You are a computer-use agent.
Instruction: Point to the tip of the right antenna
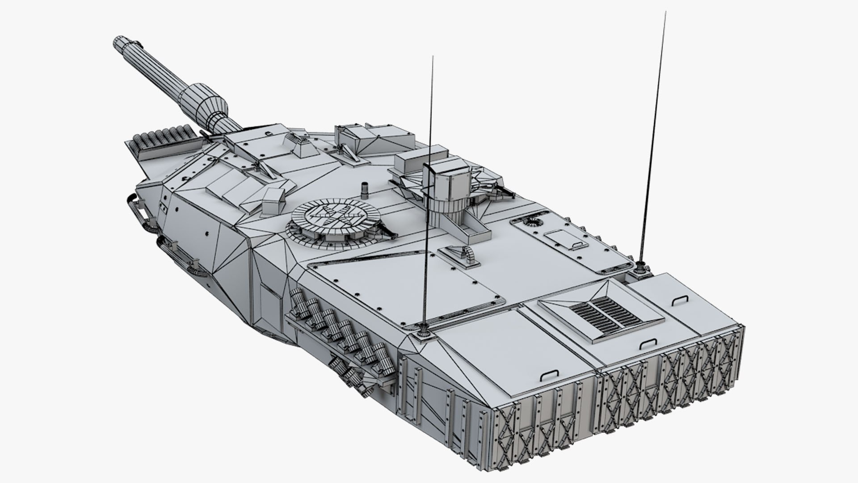[x=665, y=13]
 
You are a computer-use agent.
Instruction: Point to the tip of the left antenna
[x=432, y=57]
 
